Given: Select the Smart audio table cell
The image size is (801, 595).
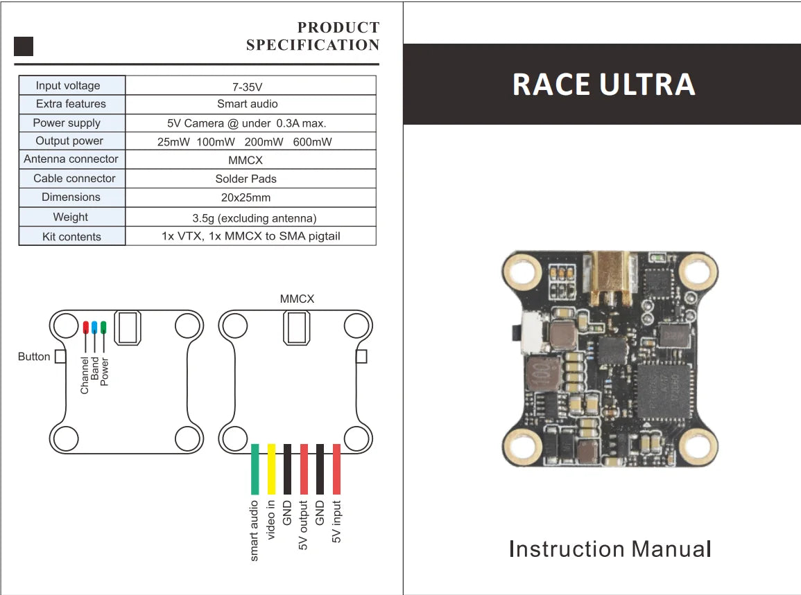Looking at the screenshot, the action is (248, 104).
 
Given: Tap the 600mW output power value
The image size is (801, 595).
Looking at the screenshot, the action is (312, 142).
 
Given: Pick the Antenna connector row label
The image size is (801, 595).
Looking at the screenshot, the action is (71, 159).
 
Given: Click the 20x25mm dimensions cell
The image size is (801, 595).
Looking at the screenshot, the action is (246, 197).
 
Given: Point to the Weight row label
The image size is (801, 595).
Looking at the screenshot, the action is (71, 217).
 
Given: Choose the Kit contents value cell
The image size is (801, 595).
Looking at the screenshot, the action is (250, 236).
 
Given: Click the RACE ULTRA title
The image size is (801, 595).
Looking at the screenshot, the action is (603, 85).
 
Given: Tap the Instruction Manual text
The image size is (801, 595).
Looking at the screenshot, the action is (610, 549).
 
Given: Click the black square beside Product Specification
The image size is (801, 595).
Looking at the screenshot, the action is (24, 46).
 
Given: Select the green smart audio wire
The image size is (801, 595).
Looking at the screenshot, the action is (255, 470).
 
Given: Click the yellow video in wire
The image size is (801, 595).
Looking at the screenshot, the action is (271, 470).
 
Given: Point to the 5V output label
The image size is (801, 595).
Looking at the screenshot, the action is (303, 525).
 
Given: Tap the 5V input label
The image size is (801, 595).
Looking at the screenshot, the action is (337, 521).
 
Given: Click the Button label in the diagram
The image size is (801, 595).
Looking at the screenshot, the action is (34, 357).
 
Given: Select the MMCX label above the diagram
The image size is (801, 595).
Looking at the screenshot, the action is (297, 299).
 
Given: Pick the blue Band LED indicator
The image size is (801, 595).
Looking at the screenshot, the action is (94, 328).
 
